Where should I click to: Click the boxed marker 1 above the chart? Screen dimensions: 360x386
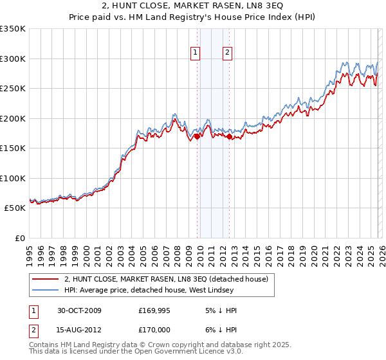(x=195, y=53)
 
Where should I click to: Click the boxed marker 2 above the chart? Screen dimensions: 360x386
(x=228, y=53)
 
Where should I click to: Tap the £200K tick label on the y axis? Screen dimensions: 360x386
(x=13, y=118)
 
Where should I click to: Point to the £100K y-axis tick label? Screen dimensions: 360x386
(x=13, y=178)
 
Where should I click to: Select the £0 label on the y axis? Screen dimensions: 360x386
(x=19, y=238)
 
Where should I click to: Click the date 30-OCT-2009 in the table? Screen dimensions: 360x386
(x=80, y=310)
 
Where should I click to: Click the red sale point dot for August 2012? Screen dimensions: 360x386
(x=229, y=136)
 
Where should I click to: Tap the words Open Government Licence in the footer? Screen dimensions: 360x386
(x=186, y=352)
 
